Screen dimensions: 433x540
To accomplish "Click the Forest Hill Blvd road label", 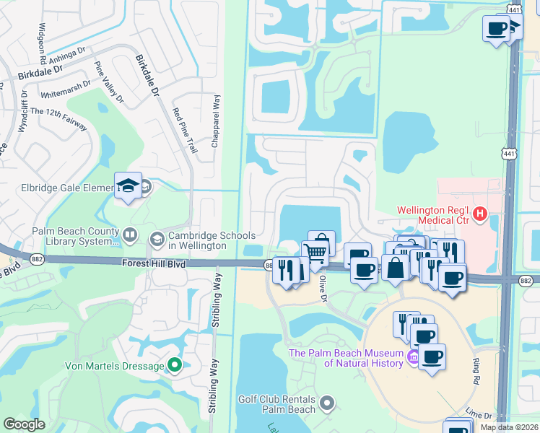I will [154, 266].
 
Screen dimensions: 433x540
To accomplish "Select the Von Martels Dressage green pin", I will [174, 366].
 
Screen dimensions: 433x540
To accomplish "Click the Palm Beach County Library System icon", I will [130, 234].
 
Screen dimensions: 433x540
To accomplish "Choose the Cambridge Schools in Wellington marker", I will [157, 239].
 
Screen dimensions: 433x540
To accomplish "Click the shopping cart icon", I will [315, 253].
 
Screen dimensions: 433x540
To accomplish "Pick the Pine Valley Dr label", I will [109, 82].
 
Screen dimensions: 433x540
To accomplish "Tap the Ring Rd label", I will [477, 371].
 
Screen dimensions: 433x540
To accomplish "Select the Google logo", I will [24, 424].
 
